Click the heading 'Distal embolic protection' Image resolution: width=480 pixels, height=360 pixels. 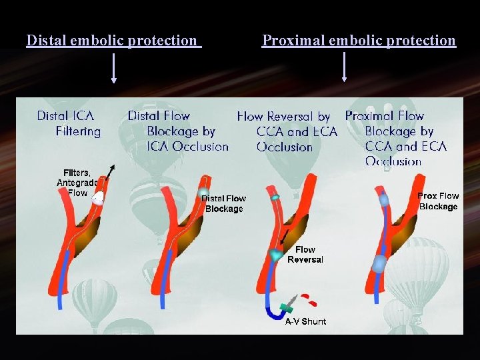(x=112, y=41)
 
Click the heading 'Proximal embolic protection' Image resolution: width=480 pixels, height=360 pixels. (x=359, y=41)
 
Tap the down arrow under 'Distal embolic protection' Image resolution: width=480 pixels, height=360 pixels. (x=114, y=69)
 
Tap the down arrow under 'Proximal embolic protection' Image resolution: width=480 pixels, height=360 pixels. (x=344, y=68)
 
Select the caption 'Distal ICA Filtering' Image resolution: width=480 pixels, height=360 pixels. (x=69, y=123)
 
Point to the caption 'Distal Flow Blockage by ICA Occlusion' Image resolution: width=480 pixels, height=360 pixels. (x=178, y=131)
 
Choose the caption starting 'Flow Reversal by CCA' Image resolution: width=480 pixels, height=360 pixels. (x=287, y=131)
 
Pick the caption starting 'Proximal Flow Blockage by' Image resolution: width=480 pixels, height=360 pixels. (x=396, y=139)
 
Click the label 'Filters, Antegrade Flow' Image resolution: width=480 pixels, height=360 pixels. (x=77, y=183)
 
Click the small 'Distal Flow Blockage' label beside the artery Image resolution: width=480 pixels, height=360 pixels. (x=224, y=203)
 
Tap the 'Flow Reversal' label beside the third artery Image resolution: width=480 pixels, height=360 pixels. (x=305, y=254)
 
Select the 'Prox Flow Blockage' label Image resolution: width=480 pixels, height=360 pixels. (x=438, y=201)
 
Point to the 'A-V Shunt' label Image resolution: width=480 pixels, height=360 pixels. (x=305, y=321)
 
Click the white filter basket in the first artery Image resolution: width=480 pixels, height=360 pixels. (x=98, y=198)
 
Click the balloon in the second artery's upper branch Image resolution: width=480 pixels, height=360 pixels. (x=203, y=193)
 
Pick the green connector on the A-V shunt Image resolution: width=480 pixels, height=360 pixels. (x=287, y=307)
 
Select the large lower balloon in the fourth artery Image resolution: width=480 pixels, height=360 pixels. (x=379, y=263)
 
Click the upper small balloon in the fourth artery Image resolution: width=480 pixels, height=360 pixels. (x=384, y=199)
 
